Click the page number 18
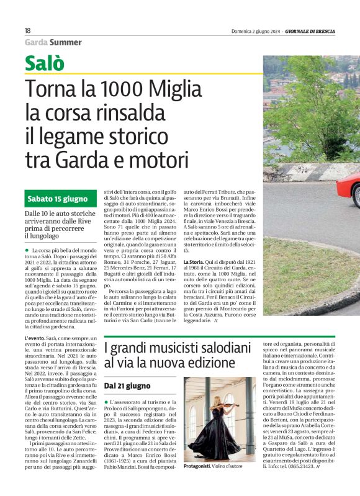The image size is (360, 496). coord(28,30)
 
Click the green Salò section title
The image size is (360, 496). coord(45,62)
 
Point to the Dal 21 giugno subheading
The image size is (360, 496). coord(127,386)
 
